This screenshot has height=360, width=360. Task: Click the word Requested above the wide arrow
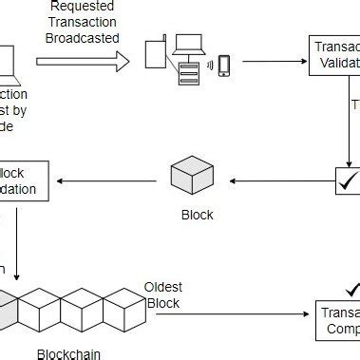point(82,6)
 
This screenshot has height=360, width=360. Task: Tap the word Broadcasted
point(82,38)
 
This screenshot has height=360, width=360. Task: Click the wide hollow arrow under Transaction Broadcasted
point(82,62)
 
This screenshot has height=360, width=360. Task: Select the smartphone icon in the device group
point(224,65)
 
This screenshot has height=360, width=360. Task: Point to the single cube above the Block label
point(189,178)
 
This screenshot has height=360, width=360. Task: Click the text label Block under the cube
point(197,214)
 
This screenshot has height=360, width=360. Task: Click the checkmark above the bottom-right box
point(352,288)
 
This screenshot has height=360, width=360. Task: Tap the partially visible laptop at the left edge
point(7,62)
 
